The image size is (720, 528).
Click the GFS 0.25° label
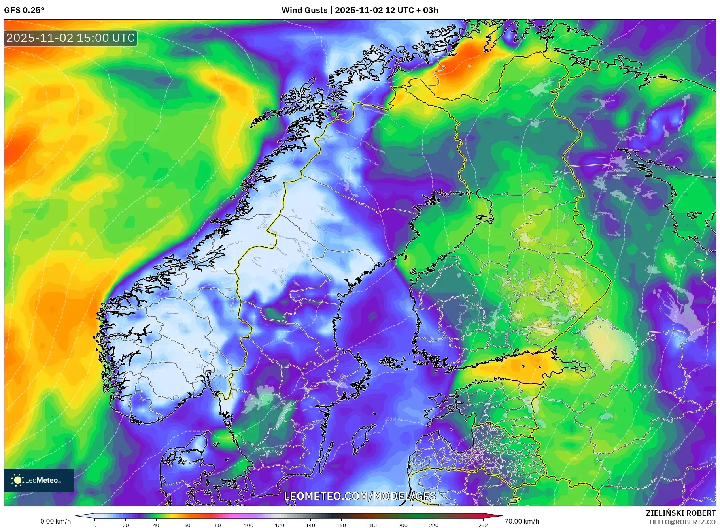click(x=24, y=10)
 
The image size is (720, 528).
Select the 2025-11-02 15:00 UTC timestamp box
click(x=70, y=38)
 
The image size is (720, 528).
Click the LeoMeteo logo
click(x=39, y=480)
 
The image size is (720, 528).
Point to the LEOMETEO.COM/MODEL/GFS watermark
click(x=360, y=496)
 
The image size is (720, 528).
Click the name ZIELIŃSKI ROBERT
click(x=680, y=513)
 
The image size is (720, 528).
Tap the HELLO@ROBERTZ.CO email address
click(x=682, y=522)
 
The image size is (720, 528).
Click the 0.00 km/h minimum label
click(x=56, y=521)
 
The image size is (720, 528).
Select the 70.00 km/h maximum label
click(x=522, y=521)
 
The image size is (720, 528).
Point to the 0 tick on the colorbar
click(x=95, y=525)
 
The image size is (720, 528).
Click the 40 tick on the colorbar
click(x=156, y=525)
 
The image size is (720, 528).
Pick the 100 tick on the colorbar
click(x=248, y=525)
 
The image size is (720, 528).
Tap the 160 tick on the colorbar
click(x=341, y=525)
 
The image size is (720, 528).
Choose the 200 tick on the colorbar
click(x=403, y=525)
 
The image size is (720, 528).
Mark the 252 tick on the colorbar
click(x=483, y=525)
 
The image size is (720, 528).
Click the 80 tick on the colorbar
click(x=217, y=525)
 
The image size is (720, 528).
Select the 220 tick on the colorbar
click(x=433, y=525)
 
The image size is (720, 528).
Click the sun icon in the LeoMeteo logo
click(x=17, y=480)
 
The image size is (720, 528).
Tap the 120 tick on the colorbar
click(x=279, y=525)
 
